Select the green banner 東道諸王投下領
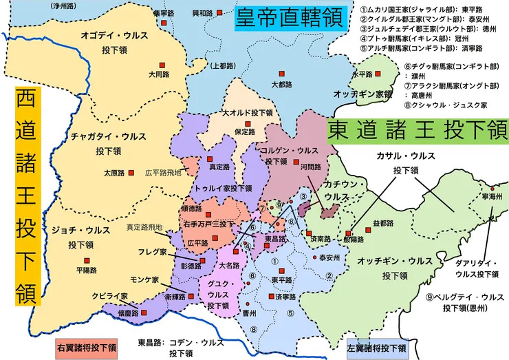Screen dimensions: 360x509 416,130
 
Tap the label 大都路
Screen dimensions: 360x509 282,85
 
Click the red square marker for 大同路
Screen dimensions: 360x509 164,61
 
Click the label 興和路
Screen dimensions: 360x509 202,13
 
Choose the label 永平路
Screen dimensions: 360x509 362,74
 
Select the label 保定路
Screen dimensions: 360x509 246,131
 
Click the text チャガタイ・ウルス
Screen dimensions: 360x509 103,136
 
